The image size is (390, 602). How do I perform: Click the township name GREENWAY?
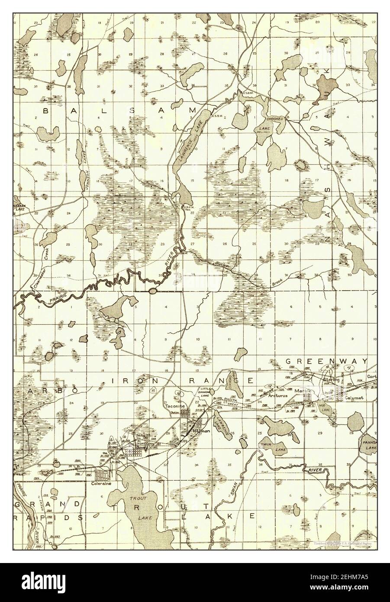coord(326,361)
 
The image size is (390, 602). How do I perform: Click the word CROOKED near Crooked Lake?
coord(274,119)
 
